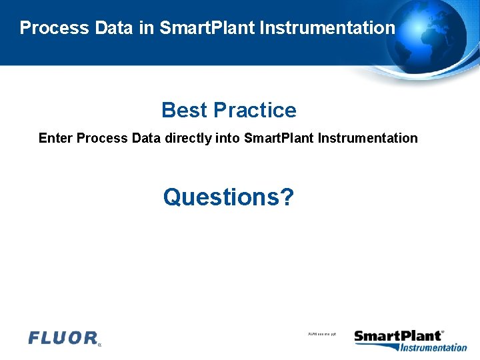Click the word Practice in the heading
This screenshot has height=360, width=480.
coord(255,110)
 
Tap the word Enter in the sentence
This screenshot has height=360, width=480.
coord(55,139)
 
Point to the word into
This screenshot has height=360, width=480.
coord(229,139)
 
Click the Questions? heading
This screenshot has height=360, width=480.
coord(228,197)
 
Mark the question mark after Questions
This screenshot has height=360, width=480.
coord(286,197)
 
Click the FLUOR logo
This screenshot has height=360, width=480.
coord(64,338)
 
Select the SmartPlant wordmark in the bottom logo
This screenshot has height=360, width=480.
coord(398,336)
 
